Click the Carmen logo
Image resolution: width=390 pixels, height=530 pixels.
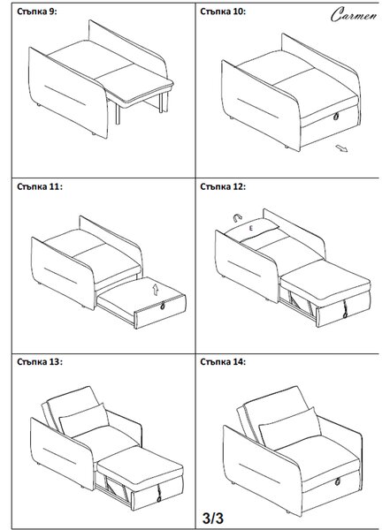click(354, 14)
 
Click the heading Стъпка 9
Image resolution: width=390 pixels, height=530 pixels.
click(37, 11)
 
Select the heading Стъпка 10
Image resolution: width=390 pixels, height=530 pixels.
click(223, 11)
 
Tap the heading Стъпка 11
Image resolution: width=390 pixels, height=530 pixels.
click(40, 186)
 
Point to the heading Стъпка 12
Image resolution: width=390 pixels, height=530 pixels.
click(223, 186)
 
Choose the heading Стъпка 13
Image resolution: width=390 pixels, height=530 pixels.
click(40, 362)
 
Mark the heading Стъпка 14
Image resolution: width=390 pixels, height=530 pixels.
click(223, 362)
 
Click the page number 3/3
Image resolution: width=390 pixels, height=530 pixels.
click(213, 518)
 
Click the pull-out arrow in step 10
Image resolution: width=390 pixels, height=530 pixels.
click(341, 148)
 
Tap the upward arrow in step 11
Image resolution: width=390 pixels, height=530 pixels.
click(156, 290)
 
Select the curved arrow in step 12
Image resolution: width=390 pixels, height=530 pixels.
click(238, 218)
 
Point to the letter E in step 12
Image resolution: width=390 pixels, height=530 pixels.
click(251, 229)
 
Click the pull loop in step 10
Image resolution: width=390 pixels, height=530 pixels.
click(336, 117)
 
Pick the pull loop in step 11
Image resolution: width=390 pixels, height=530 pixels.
click(163, 306)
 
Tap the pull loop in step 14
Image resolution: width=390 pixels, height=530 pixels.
click(338, 481)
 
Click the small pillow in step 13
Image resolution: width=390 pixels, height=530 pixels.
click(84, 420)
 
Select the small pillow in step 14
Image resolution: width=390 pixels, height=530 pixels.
click(289, 428)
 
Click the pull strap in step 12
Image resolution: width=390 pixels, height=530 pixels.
click(345, 309)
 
